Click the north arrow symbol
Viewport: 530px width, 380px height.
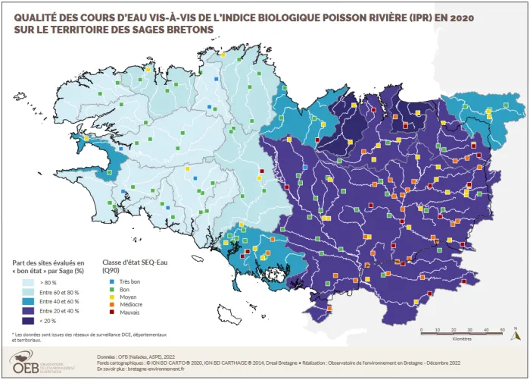tap(516, 333)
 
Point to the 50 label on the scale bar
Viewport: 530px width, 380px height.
tap(503, 329)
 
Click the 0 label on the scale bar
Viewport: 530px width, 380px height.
tap(422, 329)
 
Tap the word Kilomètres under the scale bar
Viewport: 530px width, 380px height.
tap(462, 339)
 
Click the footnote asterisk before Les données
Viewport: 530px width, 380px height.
tap(13, 334)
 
